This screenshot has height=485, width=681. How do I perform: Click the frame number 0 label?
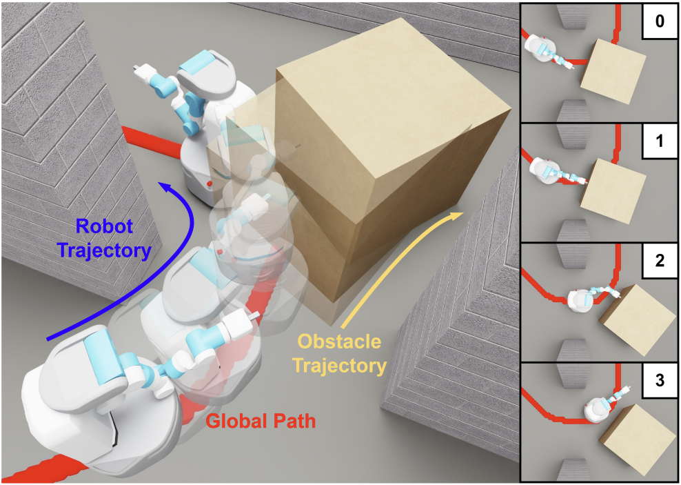(659, 22)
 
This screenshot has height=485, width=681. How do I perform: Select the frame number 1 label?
(660, 141)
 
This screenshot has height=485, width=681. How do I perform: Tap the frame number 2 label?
(660, 261)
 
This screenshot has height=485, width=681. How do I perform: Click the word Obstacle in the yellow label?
(338, 344)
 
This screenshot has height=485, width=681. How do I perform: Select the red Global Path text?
(261, 421)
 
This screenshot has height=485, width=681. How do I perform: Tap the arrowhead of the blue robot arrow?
(164, 186)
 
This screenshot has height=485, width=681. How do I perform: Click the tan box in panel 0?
(612, 70)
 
